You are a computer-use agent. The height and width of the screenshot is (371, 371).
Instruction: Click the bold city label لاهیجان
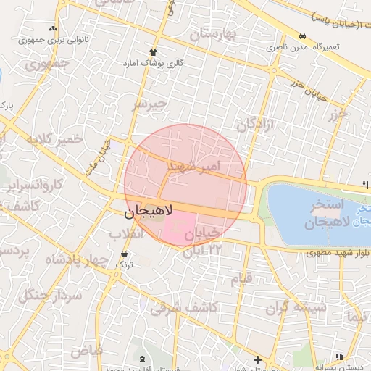point(148,212)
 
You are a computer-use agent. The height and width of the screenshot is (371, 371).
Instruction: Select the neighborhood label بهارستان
point(214,33)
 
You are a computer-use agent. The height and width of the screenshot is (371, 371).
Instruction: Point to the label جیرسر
point(149,104)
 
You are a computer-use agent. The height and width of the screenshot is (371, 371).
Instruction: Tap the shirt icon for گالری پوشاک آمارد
point(153,52)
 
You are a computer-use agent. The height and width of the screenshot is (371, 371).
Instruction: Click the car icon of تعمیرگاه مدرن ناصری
point(301,36)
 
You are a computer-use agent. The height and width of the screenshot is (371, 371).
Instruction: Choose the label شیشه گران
point(296,308)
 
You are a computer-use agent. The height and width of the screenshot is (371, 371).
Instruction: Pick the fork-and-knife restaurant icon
point(365,184)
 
